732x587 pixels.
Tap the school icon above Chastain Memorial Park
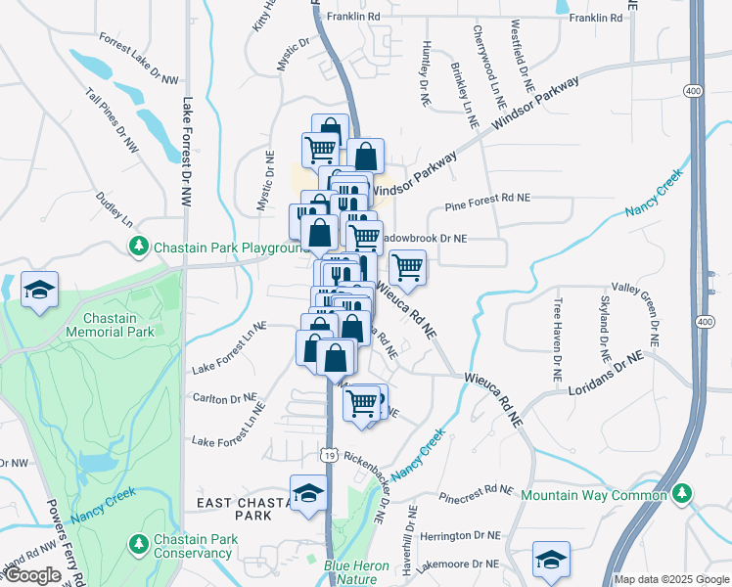click(40, 290)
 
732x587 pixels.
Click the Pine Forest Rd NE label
click(486, 198)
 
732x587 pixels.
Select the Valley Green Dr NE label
click(648, 317)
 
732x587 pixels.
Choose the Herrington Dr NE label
click(459, 537)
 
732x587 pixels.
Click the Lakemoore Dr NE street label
click(457, 564)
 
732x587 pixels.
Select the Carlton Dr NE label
click(224, 399)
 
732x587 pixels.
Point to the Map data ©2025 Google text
click(670, 578)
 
